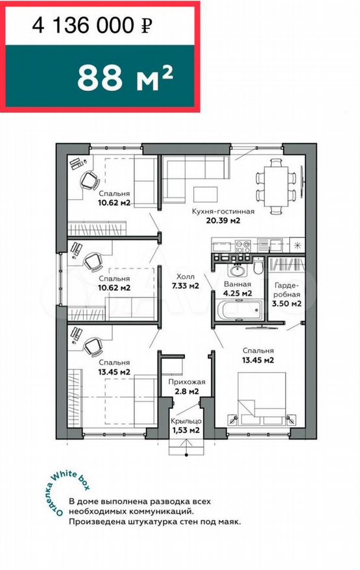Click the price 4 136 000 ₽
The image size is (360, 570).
(x=92, y=25)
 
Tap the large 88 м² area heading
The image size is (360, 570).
(x=125, y=78)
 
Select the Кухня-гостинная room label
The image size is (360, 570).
(x=223, y=211)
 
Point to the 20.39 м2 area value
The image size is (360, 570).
(x=223, y=220)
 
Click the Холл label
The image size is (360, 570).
(x=186, y=277)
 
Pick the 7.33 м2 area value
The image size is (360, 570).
(x=186, y=286)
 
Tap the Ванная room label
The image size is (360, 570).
(x=237, y=284)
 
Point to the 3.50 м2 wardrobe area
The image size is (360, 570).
(x=287, y=303)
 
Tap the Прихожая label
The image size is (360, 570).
(x=187, y=382)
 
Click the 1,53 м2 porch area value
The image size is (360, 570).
(x=186, y=430)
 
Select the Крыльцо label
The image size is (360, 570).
(x=186, y=421)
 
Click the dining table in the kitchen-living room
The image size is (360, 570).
(x=277, y=186)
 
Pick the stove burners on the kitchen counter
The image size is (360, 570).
(x=243, y=246)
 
